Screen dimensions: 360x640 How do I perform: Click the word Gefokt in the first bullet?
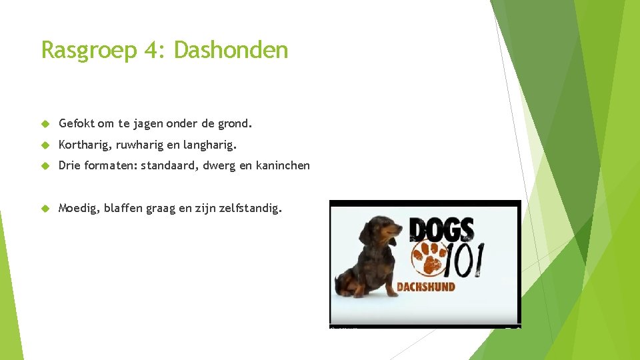(x=77, y=123)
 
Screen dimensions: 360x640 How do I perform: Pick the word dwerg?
(x=218, y=166)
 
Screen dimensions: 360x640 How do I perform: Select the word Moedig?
(x=78, y=209)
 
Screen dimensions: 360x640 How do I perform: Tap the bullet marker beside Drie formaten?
(x=46, y=166)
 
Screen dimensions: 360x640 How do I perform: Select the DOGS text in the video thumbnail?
(x=442, y=229)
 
